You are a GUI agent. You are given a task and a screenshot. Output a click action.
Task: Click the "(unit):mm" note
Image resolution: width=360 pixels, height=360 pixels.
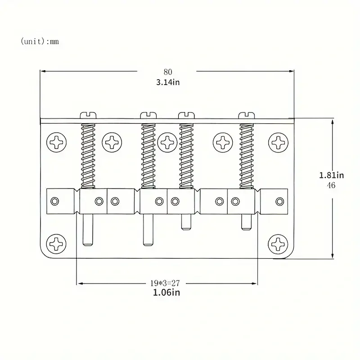point(40,41)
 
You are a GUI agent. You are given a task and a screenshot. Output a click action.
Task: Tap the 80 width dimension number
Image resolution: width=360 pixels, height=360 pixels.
point(168,72)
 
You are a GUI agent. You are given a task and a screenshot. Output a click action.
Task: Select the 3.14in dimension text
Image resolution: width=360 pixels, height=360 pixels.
point(168,82)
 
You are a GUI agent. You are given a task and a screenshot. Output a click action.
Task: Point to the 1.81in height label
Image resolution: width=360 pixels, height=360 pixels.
point(331,175)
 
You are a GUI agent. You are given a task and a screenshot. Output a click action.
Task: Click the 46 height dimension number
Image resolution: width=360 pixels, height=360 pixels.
point(331,185)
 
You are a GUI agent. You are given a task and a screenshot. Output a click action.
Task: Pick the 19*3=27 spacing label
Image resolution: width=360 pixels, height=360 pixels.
point(165,283)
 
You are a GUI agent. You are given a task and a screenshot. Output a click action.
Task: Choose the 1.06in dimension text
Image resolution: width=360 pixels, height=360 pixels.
point(166,292)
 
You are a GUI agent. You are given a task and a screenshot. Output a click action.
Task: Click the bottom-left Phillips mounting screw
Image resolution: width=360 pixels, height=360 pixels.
point(56,244)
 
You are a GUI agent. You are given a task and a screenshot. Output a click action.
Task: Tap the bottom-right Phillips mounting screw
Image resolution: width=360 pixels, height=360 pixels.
point(278,244)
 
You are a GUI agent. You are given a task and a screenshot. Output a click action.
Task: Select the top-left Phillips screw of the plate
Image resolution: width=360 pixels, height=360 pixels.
point(57,142)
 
